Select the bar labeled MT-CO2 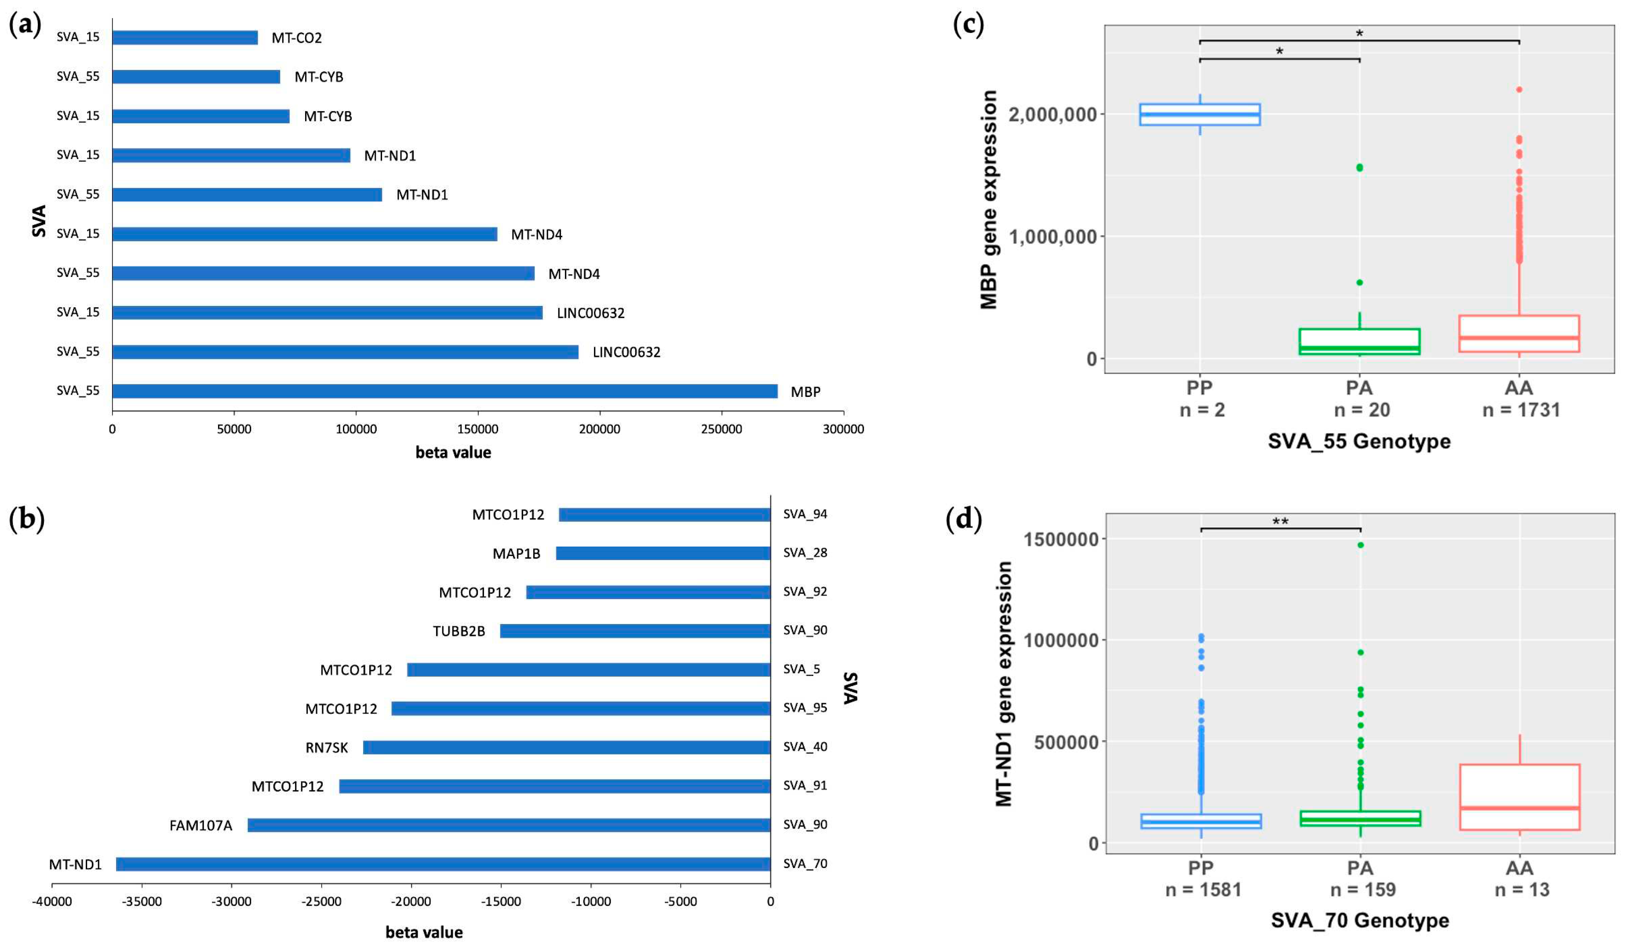pyautogui.click(x=185, y=37)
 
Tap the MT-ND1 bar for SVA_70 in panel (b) pyautogui.click(x=443, y=864)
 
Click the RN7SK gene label pyautogui.click(x=326, y=748)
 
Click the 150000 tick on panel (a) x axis pyautogui.click(x=477, y=429)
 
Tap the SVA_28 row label pyautogui.click(x=805, y=552)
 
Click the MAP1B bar pyautogui.click(x=663, y=553)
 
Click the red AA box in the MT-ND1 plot pyautogui.click(x=1519, y=797)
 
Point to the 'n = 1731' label pyautogui.click(x=1521, y=410)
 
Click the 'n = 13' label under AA pyautogui.click(x=1522, y=890)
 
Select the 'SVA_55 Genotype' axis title pyautogui.click(x=1359, y=441)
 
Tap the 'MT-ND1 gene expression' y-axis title pyautogui.click(x=1004, y=683)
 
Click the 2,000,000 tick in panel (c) pyautogui.click(x=1052, y=115)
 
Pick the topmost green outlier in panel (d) pyautogui.click(x=1361, y=545)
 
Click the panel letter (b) pyautogui.click(x=26, y=519)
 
